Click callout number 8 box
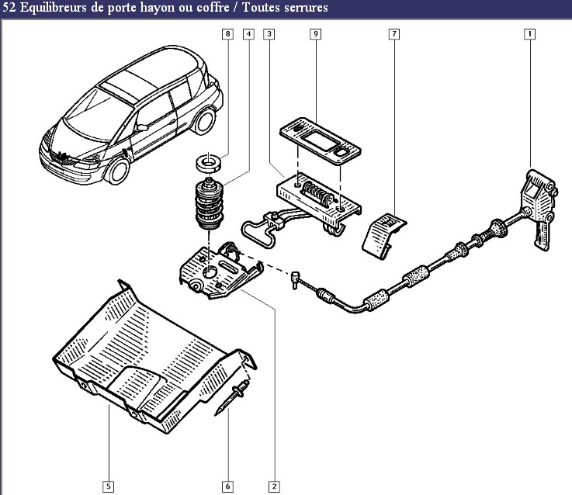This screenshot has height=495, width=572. click(x=227, y=34)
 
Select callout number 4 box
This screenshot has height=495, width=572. click(x=248, y=34)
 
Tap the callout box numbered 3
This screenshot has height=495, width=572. click(x=269, y=34)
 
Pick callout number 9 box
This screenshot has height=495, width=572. click(x=316, y=34)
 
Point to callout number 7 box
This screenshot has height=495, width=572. click(x=394, y=34)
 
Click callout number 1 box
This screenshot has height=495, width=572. click(x=529, y=34)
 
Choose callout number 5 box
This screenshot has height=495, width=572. click(x=109, y=486)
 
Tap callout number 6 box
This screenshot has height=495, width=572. click(x=227, y=486)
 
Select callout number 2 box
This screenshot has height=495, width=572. click(x=274, y=486)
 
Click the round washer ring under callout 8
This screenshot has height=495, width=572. click(x=208, y=162)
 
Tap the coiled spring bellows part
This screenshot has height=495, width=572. click(x=209, y=203)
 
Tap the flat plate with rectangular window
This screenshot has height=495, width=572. click(x=321, y=140)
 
